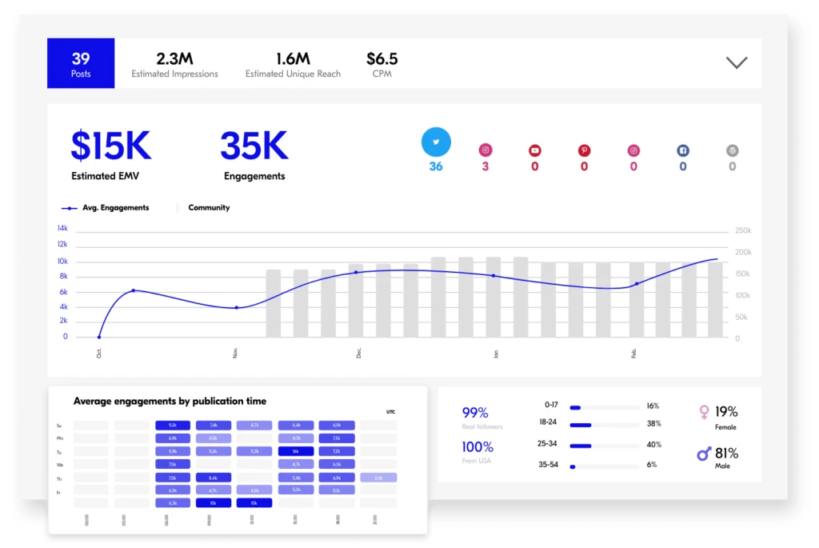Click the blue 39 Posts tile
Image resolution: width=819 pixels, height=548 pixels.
coord(81,63)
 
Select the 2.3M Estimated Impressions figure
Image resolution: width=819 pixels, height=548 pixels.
coord(174,59)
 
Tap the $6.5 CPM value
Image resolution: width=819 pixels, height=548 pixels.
coord(382,59)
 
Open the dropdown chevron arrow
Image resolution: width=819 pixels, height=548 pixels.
coord(736,62)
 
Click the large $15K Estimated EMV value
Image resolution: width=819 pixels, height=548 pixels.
coord(110,146)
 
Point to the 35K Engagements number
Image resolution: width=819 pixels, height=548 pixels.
coord(254,146)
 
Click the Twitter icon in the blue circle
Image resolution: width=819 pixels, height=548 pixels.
coord(436,142)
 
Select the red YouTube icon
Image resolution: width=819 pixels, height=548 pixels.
coord(534,150)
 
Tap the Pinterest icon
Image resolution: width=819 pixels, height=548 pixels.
coord(584,150)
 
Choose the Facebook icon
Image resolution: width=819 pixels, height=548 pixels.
coord(683,150)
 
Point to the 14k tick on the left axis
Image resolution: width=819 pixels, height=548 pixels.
coord(62,228)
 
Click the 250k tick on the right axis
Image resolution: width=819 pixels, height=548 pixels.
coord(742,231)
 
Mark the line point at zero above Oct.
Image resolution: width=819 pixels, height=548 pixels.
coord(99,337)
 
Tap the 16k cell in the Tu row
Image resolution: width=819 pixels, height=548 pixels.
coord(295,451)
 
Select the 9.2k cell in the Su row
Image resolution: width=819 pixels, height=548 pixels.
coord(173,426)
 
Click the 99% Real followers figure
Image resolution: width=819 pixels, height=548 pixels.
coord(475,413)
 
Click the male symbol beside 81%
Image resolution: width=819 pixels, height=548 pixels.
coord(704,454)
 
